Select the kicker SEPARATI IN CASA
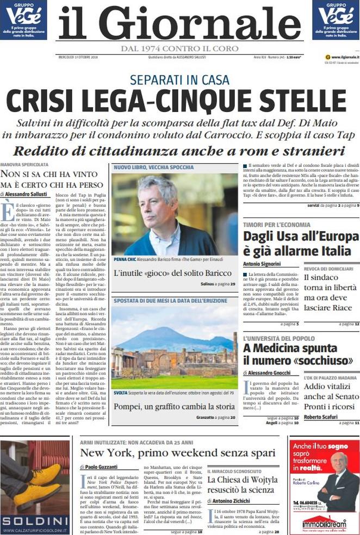179,80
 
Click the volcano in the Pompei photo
163,337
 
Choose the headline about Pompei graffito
174,406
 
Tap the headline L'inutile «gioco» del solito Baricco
172,272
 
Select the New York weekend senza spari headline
178,452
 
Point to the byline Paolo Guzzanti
101,466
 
